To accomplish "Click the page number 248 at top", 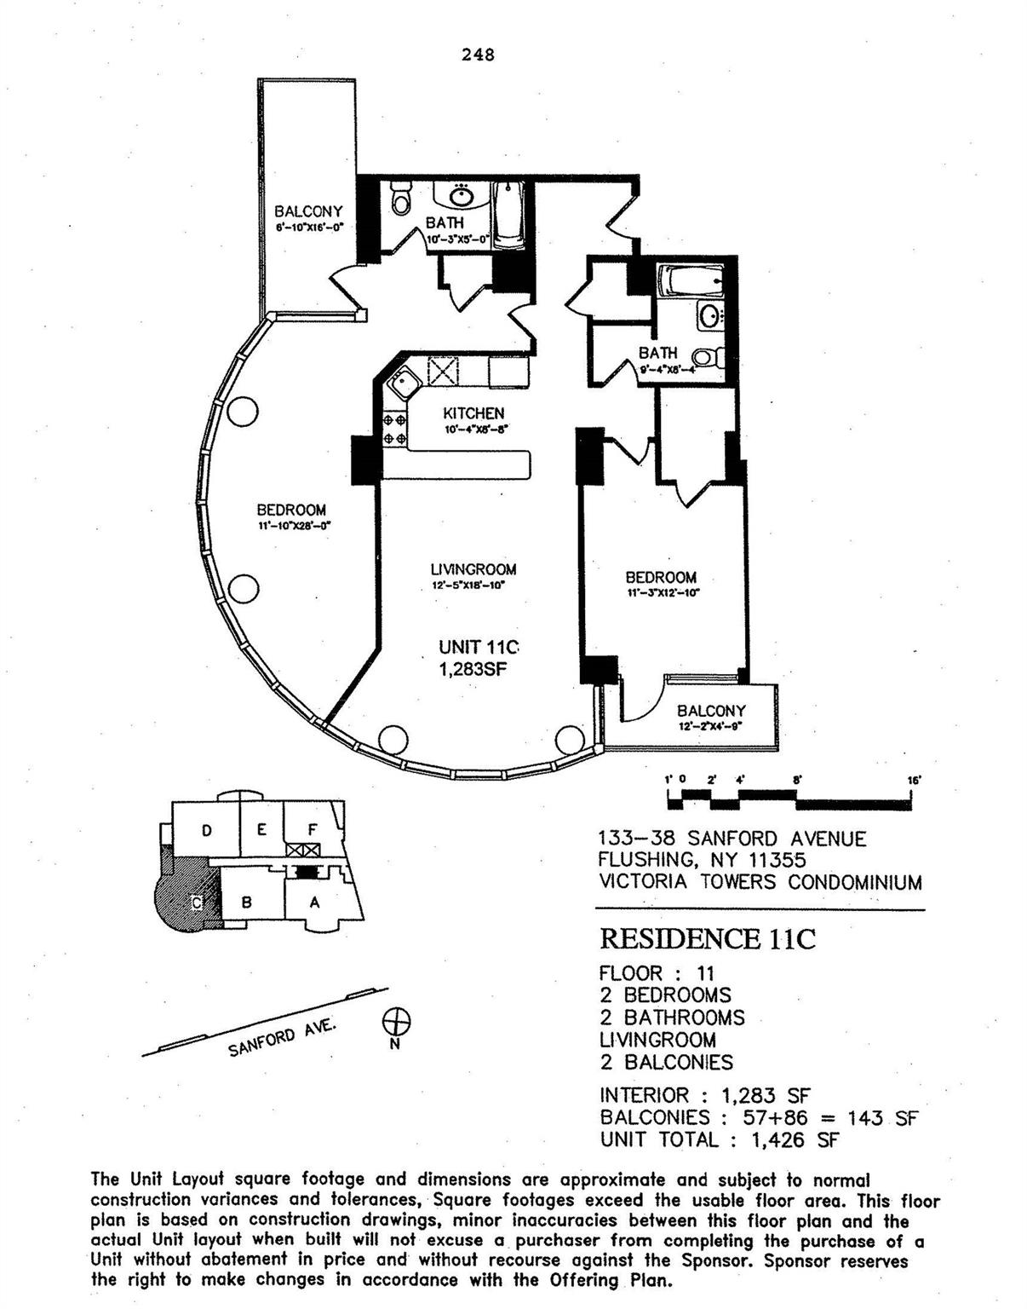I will (478, 55).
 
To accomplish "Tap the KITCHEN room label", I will (473, 413).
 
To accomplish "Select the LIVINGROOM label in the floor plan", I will (473, 569).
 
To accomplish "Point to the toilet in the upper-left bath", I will (399, 199).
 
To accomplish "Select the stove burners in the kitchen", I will (393, 429).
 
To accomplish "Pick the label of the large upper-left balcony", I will (308, 211).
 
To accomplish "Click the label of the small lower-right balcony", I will (711, 711).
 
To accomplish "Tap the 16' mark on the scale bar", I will (913, 780).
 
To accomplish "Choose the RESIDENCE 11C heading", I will (707, 938).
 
